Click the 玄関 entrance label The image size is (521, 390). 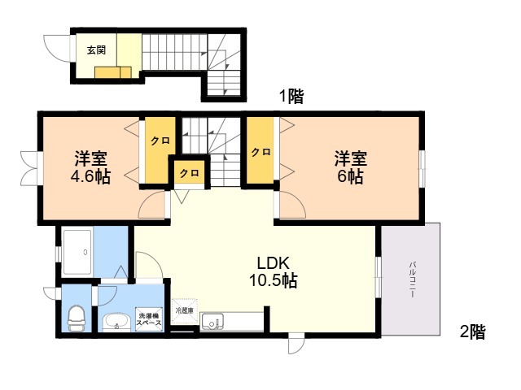(x=96, y=50)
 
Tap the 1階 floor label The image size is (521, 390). (x=291, y=97)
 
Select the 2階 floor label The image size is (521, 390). (x=472, y=331)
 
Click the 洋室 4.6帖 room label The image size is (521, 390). (x=90, y=167)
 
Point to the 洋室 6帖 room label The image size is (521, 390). (x=351, y=167)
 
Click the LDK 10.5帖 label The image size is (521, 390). (x=274, y=272)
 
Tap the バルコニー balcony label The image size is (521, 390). (x=413, y=279)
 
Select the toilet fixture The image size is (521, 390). (x=76, y=318)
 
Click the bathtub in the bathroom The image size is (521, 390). (x=77, y=252)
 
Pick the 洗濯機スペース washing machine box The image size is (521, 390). (x=150, y=319)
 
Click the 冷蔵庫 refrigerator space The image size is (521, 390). (x=184, y=311)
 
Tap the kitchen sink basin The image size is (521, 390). (x=212, y=322)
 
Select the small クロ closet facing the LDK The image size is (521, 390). (x=190, y=172)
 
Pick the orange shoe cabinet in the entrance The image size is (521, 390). (x=113, y=72)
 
